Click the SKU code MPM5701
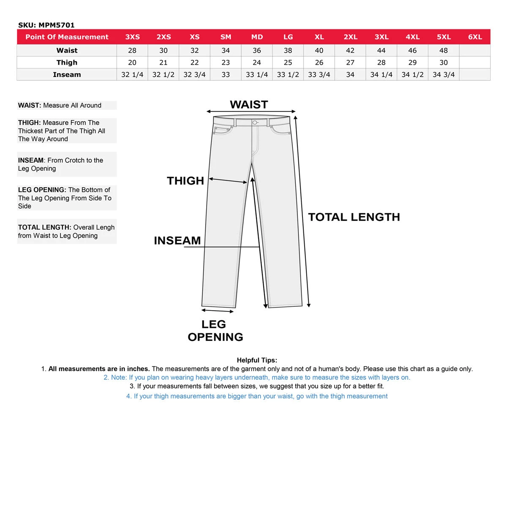tap(56, 25)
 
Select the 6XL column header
tap(475, 37)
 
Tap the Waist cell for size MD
tap(257, 50)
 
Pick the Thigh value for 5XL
tap(444, 63)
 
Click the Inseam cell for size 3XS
tap(132, 75)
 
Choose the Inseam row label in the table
tap(67, 75)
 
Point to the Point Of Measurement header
tap(67, 37)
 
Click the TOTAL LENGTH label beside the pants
tap(354, 217)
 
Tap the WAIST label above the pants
tap(249, 105)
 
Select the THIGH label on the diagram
tap(185, 181)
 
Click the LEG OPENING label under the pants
tap(215, 330)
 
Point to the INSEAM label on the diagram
tap(177, 241)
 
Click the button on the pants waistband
tap(255, 123)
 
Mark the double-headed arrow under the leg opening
tap(218, 311)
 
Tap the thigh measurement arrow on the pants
tap(228, 181)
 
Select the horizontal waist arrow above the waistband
tap(251, 112)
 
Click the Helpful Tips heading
tap(257, 360)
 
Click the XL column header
tap(319, 37)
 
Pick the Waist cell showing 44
tap(381, 50)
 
